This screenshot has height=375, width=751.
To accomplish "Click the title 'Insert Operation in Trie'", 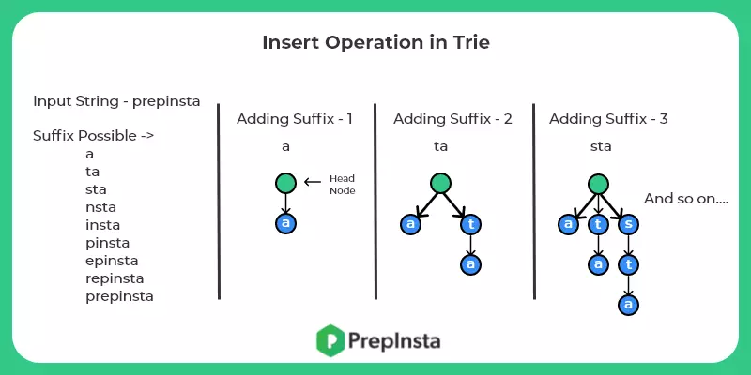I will [x=375, y=43].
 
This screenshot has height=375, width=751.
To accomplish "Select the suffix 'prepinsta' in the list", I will [x=119, y=296].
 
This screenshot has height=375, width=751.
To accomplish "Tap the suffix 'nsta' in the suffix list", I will [x=100, y=207].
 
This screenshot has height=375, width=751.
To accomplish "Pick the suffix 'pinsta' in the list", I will [x=107, y=243].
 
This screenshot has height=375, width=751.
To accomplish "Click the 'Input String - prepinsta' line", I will [x=116, y=101].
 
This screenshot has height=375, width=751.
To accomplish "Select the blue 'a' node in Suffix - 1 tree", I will [x=285, y=223].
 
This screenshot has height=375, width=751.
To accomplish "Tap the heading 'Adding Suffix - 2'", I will [x=452, y=119].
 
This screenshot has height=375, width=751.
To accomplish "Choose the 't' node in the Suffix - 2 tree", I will [x=470, y=224].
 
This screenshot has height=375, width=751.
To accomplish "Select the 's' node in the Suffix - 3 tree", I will [x=628, y=224].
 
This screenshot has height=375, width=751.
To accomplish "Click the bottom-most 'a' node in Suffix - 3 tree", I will [x=628, y=305].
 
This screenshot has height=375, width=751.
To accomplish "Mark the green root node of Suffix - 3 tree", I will [x=598, y=183].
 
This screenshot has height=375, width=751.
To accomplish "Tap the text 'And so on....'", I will [x=687, y=200].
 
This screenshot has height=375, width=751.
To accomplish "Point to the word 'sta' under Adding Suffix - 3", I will [x=601, y=147].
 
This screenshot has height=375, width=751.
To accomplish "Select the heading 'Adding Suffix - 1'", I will [x=296, y=119].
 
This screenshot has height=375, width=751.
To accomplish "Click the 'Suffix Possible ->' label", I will [x=93, y=136].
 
